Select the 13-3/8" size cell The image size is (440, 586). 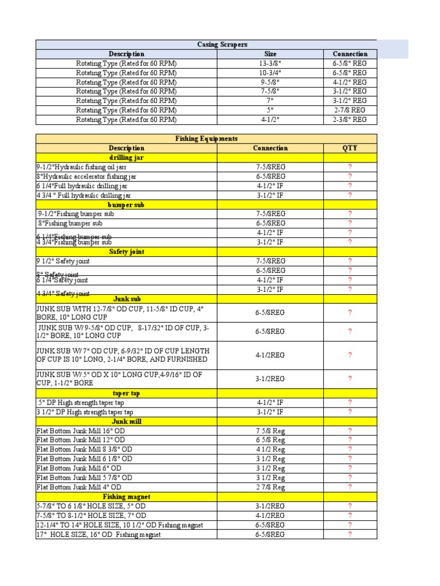tap(270, 64)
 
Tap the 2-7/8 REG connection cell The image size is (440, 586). tap(349, 110)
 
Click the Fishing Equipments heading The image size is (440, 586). tap(206, 138)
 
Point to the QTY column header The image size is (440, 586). tap(349, 148)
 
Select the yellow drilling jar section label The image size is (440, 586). tap(127, 157)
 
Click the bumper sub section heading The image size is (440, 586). tap(127, 204)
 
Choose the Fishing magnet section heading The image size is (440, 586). tap(127, 497)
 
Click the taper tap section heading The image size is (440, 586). tap(127, 393)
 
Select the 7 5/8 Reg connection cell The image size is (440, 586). tap(270, 431)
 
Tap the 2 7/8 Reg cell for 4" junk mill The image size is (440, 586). tap(270, 487)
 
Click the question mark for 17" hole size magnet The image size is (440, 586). tap(349, 534)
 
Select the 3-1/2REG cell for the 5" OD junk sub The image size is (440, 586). tap(270, 378)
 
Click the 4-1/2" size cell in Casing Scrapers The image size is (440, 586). tap(270, 120)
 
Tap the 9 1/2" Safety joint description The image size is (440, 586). tap(64, 261)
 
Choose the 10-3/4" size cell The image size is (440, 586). tap(270, 73)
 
